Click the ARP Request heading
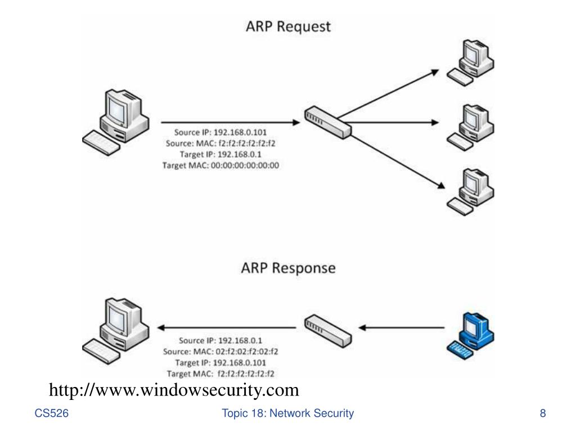288,27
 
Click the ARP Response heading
289,268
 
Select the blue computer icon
471,336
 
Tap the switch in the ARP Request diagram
328,123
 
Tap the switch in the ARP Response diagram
328,331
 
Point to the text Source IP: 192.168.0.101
220,132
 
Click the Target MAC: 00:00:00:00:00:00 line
220,166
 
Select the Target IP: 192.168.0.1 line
220,155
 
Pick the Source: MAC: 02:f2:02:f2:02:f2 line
220,352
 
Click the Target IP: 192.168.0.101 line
220,363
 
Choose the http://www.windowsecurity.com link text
174,390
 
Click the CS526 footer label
51,413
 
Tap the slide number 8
543,413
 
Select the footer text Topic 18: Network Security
287,413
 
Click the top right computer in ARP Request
471,63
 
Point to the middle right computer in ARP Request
471,128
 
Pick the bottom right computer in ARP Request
471,192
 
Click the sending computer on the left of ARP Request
116,122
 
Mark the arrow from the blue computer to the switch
402,327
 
